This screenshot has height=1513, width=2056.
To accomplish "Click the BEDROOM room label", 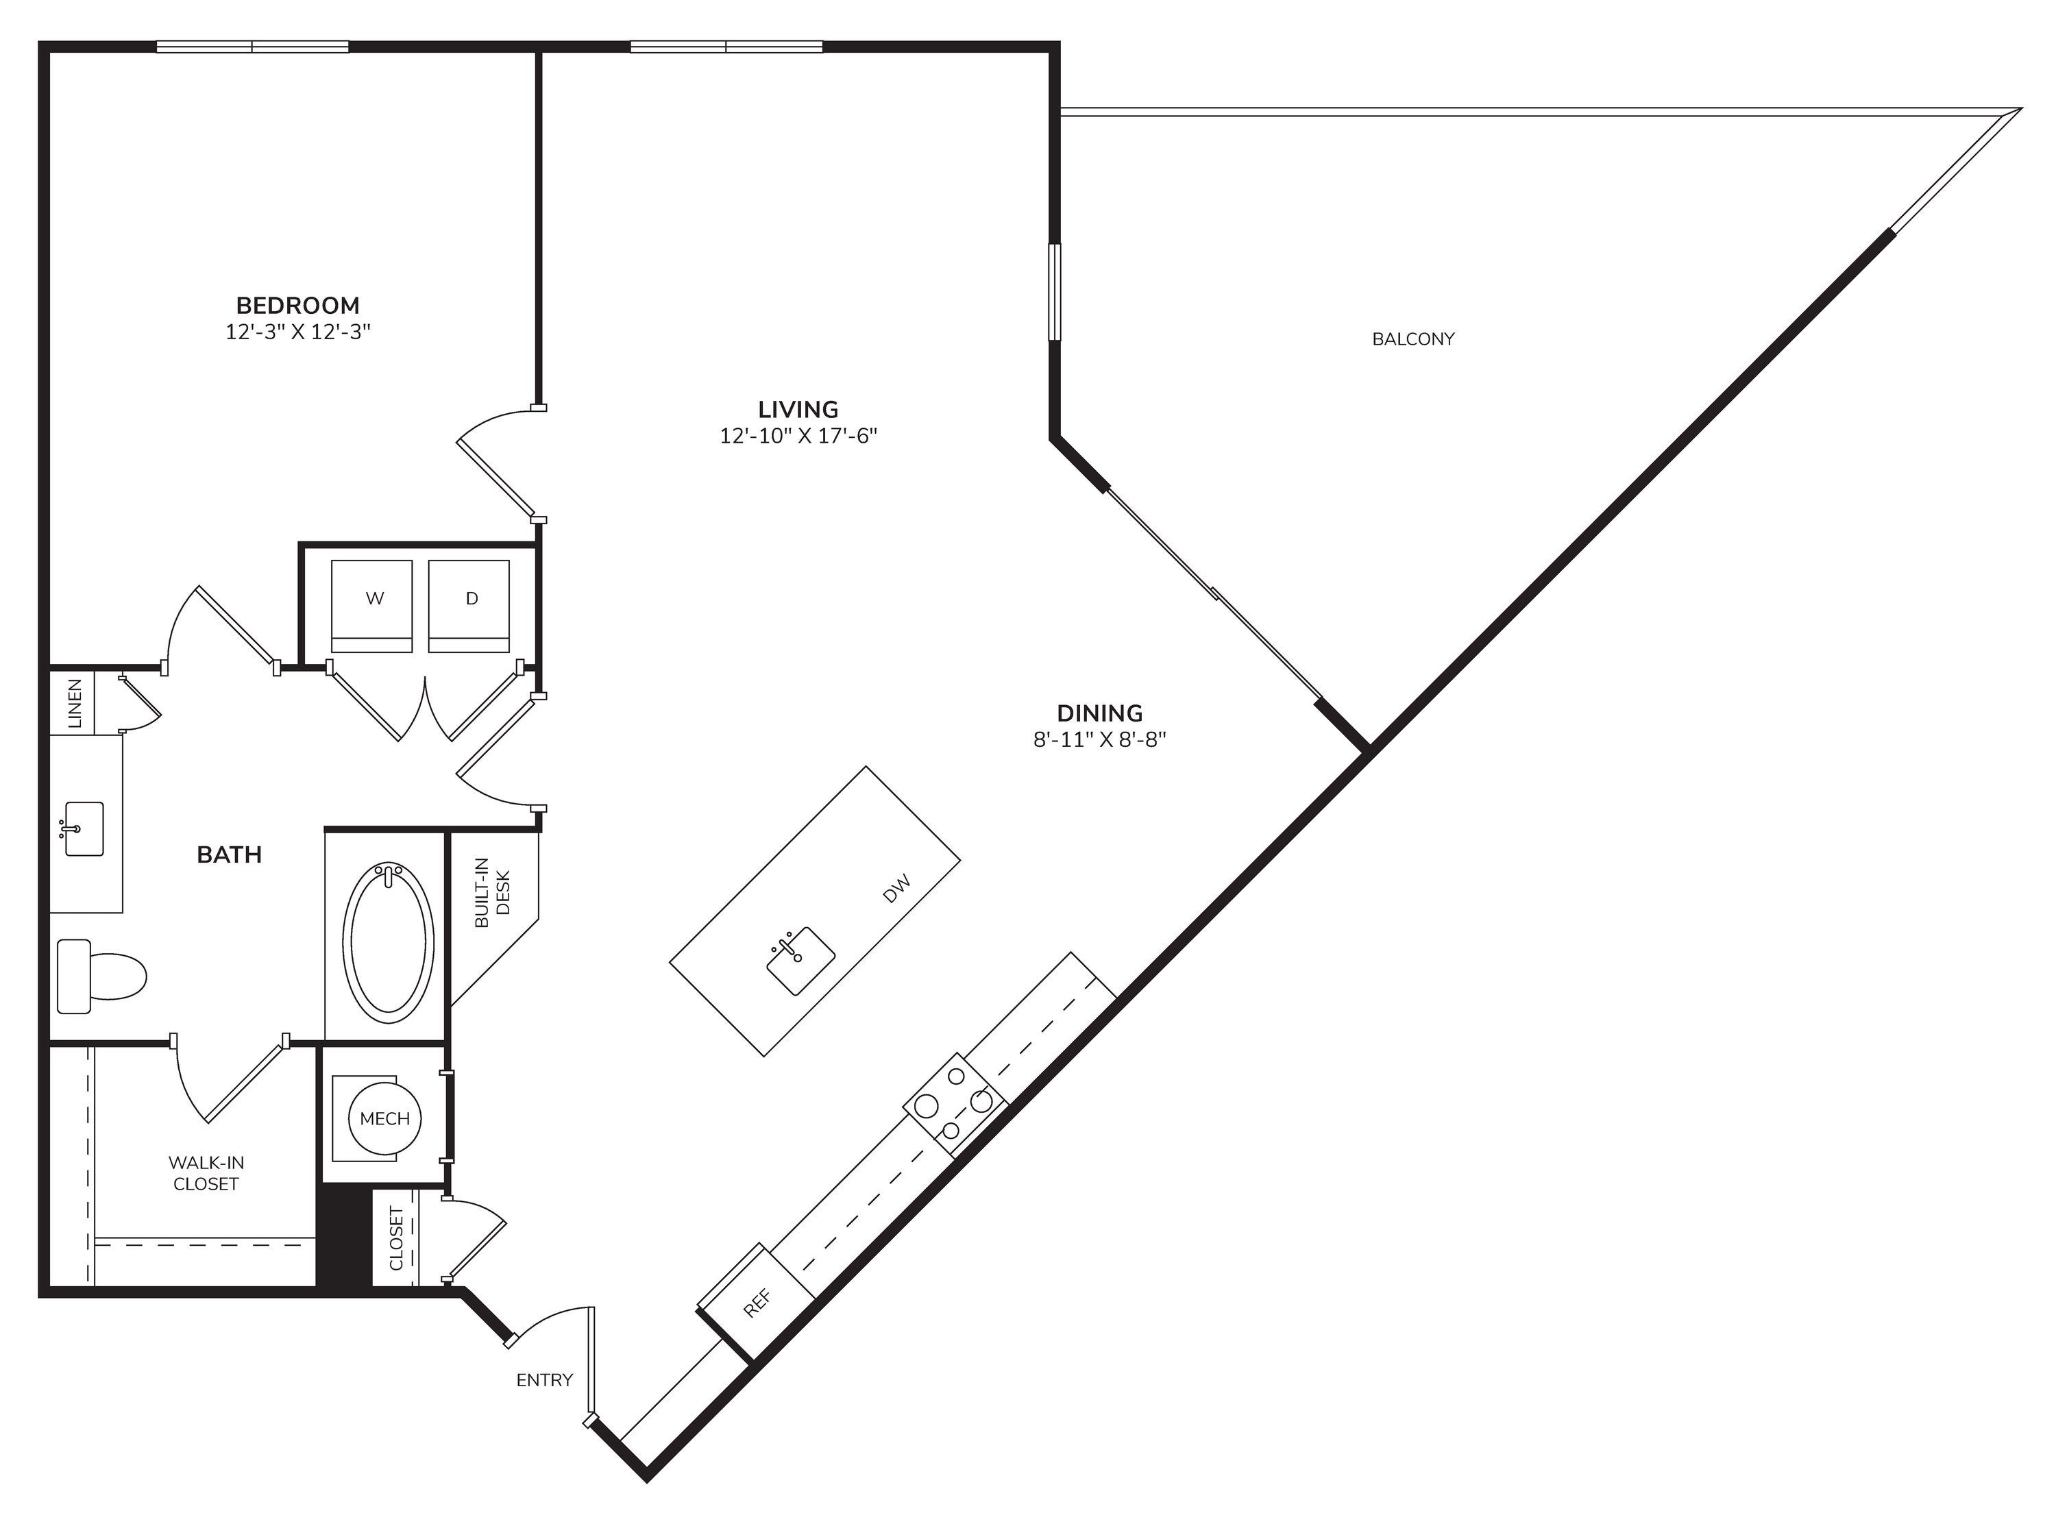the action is click(297, 305).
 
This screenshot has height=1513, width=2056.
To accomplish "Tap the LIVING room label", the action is click(798, 409).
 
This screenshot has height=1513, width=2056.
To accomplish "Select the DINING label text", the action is click(1100, 713).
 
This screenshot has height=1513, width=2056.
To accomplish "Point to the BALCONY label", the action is click(1413, 339).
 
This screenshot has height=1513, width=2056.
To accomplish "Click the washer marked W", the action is click(372, 605).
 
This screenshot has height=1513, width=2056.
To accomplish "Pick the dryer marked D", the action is click(469, 605).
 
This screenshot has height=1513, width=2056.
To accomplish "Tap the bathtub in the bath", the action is click(389, 944).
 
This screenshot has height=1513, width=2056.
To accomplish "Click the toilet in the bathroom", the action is click(101, 976).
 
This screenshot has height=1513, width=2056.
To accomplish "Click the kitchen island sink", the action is click(800, 961).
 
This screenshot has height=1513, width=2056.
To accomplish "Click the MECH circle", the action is click(384, 1118).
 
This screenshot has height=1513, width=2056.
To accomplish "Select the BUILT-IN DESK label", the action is click(492, 893).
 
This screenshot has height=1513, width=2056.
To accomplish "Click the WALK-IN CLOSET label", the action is click(206, 1173).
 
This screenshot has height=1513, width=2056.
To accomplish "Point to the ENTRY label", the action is click(545, 1380).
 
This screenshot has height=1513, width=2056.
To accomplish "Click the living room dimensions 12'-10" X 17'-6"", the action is click(798, 436).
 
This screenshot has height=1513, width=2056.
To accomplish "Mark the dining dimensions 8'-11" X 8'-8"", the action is click(1100, 739).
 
